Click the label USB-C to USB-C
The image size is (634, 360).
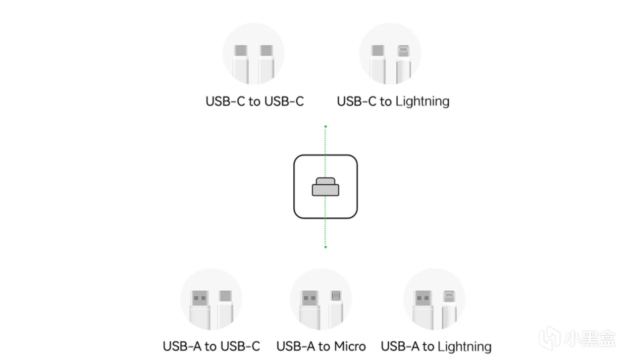(255, 102)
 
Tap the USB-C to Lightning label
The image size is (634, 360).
(393, 102)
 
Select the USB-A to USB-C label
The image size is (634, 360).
(211, 346)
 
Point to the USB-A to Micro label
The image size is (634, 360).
(321, 346)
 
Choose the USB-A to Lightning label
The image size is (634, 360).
(436, 346)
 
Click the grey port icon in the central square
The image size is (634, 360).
(325, 187)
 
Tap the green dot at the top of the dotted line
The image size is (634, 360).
(325, 127)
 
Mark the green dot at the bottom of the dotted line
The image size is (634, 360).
(325, 247)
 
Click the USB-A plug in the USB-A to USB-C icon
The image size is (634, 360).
(200, 300)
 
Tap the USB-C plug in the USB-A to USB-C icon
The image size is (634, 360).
(225, 298)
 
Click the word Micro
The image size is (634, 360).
(349, 346)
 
